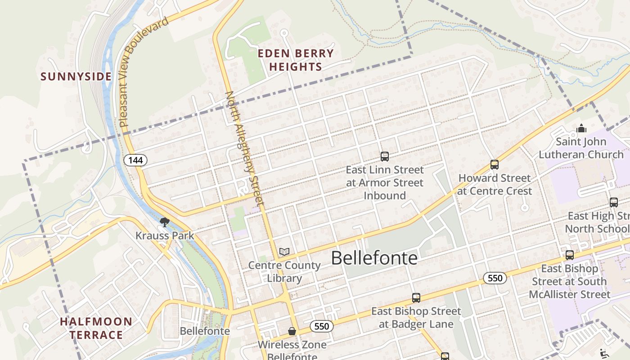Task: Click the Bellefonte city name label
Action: tap(374, 258)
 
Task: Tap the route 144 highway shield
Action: tap(135, 160)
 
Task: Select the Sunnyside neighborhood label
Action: tap(76, 76)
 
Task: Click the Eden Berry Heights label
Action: tap(296, 60)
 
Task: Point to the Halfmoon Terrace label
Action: tap(96, 328)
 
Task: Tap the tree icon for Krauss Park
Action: tap(165, 222)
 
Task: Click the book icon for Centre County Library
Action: tap(284, 252)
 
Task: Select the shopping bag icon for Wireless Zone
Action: tap(292, 332)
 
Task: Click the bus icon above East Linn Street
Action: tap(385, 157)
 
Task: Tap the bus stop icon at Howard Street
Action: tap(495, 165)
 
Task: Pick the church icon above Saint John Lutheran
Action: tap(581, 129)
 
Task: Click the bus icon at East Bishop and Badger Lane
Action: tap(416, 298)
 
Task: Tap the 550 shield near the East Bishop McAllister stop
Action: tap(495, 278)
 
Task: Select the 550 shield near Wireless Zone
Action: tap(322, 326)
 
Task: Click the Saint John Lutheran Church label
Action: tap(581, 148)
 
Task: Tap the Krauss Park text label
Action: tap(165, 235)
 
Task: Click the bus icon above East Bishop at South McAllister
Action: tap(570, 255)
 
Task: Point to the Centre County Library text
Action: tap(284, 271)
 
